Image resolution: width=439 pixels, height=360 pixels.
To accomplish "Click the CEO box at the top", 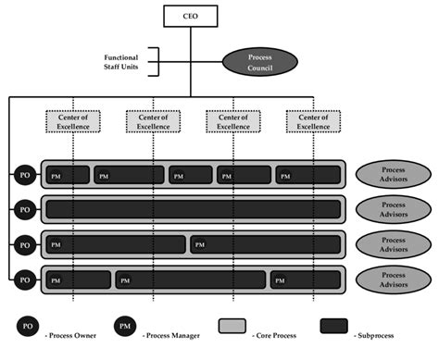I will (191, 16).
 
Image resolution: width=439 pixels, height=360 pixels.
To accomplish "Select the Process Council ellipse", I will (260, 63).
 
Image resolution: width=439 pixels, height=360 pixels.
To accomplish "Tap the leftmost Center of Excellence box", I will (73, 122).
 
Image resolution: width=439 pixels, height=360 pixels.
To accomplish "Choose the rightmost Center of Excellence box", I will (313, 122).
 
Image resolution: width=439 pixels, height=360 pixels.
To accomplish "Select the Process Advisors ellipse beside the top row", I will (393, 173).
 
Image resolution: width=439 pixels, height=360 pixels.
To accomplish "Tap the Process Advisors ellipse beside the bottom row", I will (393, 279).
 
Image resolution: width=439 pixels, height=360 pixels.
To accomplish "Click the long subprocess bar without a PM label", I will (194, 208).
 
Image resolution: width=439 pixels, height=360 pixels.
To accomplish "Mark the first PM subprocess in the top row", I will (68, 174).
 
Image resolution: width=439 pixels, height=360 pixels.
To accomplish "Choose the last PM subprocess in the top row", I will (307, 174).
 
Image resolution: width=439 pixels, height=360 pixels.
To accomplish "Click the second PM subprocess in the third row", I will (265, 244).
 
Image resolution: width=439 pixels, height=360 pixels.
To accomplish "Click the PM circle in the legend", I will (127, 327).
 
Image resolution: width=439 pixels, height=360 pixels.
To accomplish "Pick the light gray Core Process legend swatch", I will (232, 327).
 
